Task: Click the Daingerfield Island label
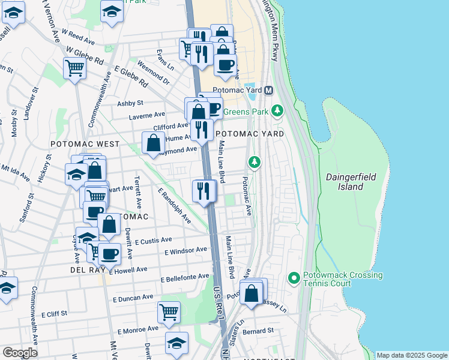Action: click(352, 182)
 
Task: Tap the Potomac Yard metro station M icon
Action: click(268, 91)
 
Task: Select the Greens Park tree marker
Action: click(277, 110)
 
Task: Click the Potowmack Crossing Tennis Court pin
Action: click(294, 278)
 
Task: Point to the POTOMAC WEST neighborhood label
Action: click(85, 145)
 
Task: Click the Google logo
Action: click(20, 352)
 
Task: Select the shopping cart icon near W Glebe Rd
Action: click(74, 68)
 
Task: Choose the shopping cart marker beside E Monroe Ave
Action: click(169, 312)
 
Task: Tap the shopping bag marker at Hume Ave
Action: click(154, 143)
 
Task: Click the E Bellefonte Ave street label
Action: click(185, 278)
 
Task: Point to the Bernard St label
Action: click(259, 331)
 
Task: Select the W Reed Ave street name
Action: click(79, 40)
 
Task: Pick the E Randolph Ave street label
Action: click(174, 206)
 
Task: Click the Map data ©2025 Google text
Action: click(412, 355)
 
